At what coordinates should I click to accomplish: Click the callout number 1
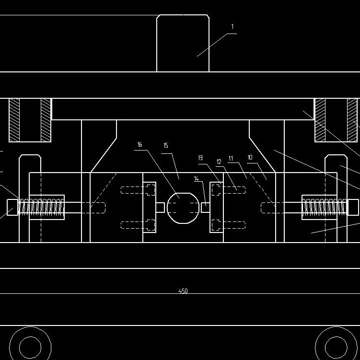click(x=232, y=27)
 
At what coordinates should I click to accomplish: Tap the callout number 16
click(x=140, y=144)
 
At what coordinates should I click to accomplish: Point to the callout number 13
click(x=200, y=157)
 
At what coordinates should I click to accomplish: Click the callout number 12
click(x=219, y=162)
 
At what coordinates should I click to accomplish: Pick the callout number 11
click(x=231, y=157)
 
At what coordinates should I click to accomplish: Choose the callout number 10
click(x=250, y=157)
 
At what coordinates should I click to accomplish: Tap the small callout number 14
click(x=196, y=179)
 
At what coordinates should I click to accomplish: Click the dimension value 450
click(x=183, y=291)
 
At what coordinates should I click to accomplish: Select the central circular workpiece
click(x=182, y=207)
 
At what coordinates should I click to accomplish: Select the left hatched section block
click(x=30, y=120)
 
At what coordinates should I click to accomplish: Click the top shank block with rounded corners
click(x=183, y=43)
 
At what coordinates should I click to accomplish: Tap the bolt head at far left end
click(x=12, y=207)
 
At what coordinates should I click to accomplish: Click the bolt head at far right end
click(x=353, y=207)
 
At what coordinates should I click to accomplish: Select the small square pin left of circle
click(x=160, y=207)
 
